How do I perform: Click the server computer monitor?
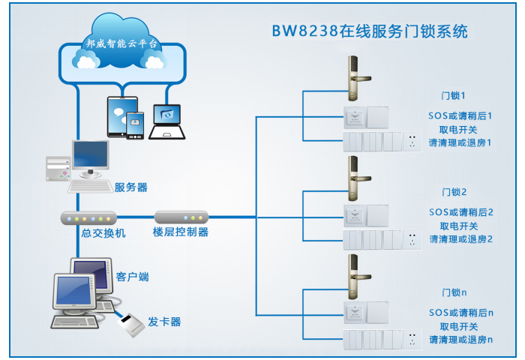click(x=91, y=157)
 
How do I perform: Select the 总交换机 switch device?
click(x=88, y=218)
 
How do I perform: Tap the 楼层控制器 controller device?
click(x=181, y=218)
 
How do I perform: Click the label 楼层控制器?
click(x=181, y=233)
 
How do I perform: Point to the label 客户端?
click(x=133, y=277)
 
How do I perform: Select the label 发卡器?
click(x=164, y=322)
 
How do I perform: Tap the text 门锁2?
click(x=454, y=192)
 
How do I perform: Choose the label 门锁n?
click(x=454, y=292)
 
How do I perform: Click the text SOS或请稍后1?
click(x=460, y=116)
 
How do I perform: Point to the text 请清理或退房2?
click(x=460, y=239)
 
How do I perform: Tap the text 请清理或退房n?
click(x=460, y=340)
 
